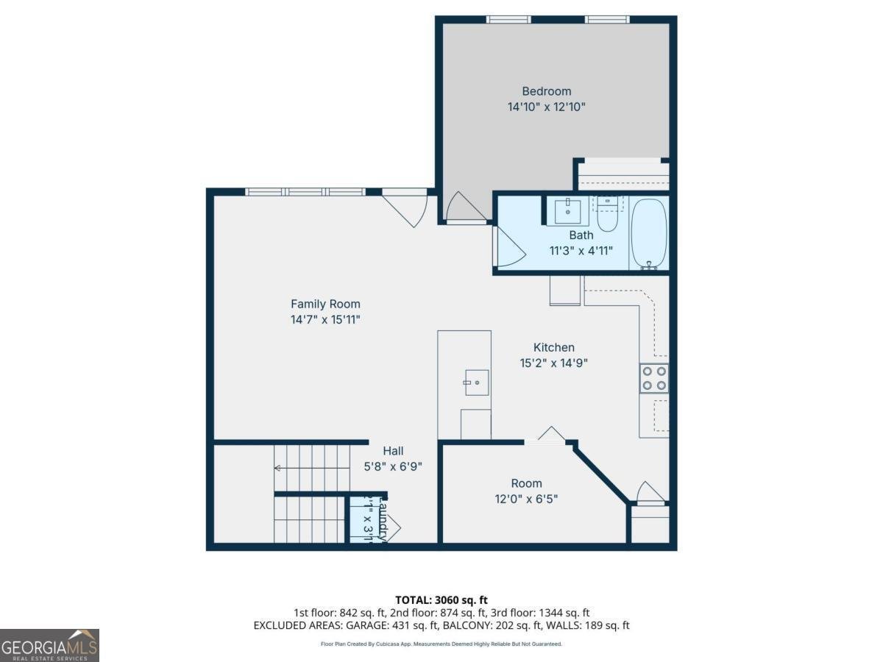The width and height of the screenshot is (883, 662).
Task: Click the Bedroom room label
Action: tap(546, 91)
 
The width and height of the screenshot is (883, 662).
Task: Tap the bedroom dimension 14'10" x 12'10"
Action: tap(546, 107)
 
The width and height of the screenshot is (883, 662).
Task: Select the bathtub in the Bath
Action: tap(649, 233)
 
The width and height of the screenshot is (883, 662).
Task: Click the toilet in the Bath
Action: tap(607, 215)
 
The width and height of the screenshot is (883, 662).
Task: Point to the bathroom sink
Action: tap(567, 211)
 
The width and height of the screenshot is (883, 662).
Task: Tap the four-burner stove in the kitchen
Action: tap(653, 378)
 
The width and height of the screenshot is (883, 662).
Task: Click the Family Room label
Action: tap(325, 304)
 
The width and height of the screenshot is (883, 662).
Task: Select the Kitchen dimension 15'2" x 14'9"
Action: tap(553, 363)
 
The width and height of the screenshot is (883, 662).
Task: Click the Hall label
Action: tap(393, 451)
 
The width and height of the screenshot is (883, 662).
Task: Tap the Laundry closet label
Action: tap(381, 521)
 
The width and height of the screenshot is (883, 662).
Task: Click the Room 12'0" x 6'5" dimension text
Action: tap(526, 499)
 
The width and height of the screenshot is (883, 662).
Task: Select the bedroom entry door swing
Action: tap(464, 207)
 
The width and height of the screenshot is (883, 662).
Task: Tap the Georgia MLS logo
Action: tap(49, 645)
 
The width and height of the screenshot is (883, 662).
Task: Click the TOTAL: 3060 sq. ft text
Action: tap(441, 600)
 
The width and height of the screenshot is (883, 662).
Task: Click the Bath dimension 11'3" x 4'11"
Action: tap(581, 250)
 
